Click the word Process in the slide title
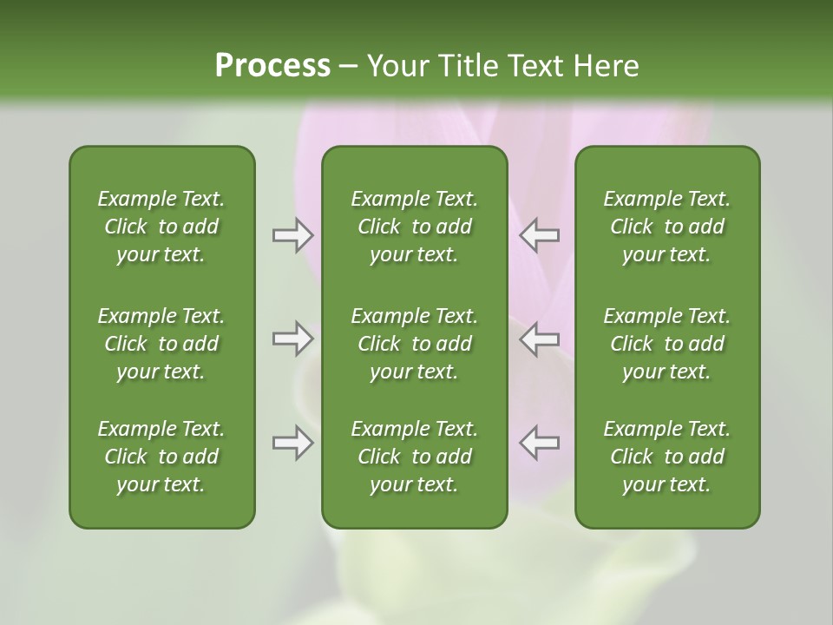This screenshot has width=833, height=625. (272, 66)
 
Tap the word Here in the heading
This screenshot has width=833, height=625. (606, 66)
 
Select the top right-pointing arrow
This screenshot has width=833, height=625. (292, 235)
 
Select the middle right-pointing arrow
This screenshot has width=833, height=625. (292, 339)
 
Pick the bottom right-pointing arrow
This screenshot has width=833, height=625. (292, 443)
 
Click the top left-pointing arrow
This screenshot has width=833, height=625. (539, 235)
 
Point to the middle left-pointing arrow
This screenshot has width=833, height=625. (539, 339)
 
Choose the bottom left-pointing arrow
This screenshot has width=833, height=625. (539, 443)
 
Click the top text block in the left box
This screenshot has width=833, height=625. (161, 227)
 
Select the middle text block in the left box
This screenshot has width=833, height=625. (161, 344)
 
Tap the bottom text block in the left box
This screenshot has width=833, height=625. (161, 457)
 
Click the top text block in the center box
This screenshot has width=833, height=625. (414, 227)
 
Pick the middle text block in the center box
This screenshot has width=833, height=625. (414, 344)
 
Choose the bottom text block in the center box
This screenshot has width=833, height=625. (414, 457)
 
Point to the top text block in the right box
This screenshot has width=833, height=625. (666, 227)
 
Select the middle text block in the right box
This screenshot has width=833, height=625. (666, 344)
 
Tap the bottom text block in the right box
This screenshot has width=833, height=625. (666, 457)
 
